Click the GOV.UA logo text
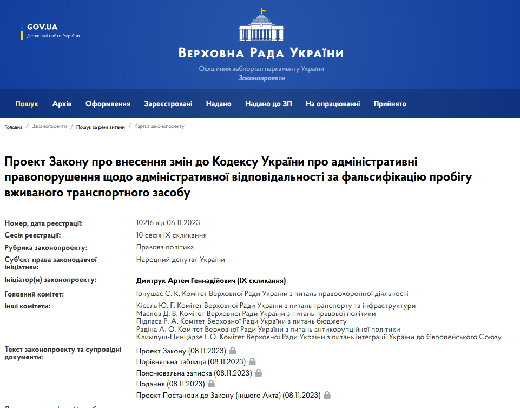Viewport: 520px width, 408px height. pyautogui.click(x=42, y=27)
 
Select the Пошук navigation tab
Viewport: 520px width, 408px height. pyautogui.click(x=27, y=103)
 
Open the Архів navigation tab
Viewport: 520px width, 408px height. pyautogui.click(x=62, y=103)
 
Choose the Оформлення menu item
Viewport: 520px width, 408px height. pyautogui.click(x=108, y=103)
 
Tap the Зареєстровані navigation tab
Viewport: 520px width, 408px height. pyautogui.click(x=168, y=103)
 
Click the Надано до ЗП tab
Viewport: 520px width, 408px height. pyautogui.click(x=268, y=103)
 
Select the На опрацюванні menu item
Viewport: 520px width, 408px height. pyautogui.click(x=332, y=103)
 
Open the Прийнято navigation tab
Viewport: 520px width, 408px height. pyautogui.click(x=390, y=103)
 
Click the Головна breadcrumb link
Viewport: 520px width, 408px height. pyautogui.click(x=14, y=127)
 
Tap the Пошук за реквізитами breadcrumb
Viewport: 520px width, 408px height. pyautogui.click(x=100, y=127)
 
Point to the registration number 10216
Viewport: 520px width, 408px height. pyautogui.click(x=145, y=223)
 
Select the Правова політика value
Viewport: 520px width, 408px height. pyautogui.click(x=165, y=247)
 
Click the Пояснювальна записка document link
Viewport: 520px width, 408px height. pyautogui.click(x=194, y=373)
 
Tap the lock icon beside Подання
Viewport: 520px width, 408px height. pyautogui.click(x=212, y=384)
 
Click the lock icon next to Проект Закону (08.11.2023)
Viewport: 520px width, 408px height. pyautogui.click(x=233, y=351)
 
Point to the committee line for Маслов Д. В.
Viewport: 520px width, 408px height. pyautogui.click(x=256, y=313)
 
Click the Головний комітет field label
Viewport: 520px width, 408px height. pyautogui.click(x=34, y=294)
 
